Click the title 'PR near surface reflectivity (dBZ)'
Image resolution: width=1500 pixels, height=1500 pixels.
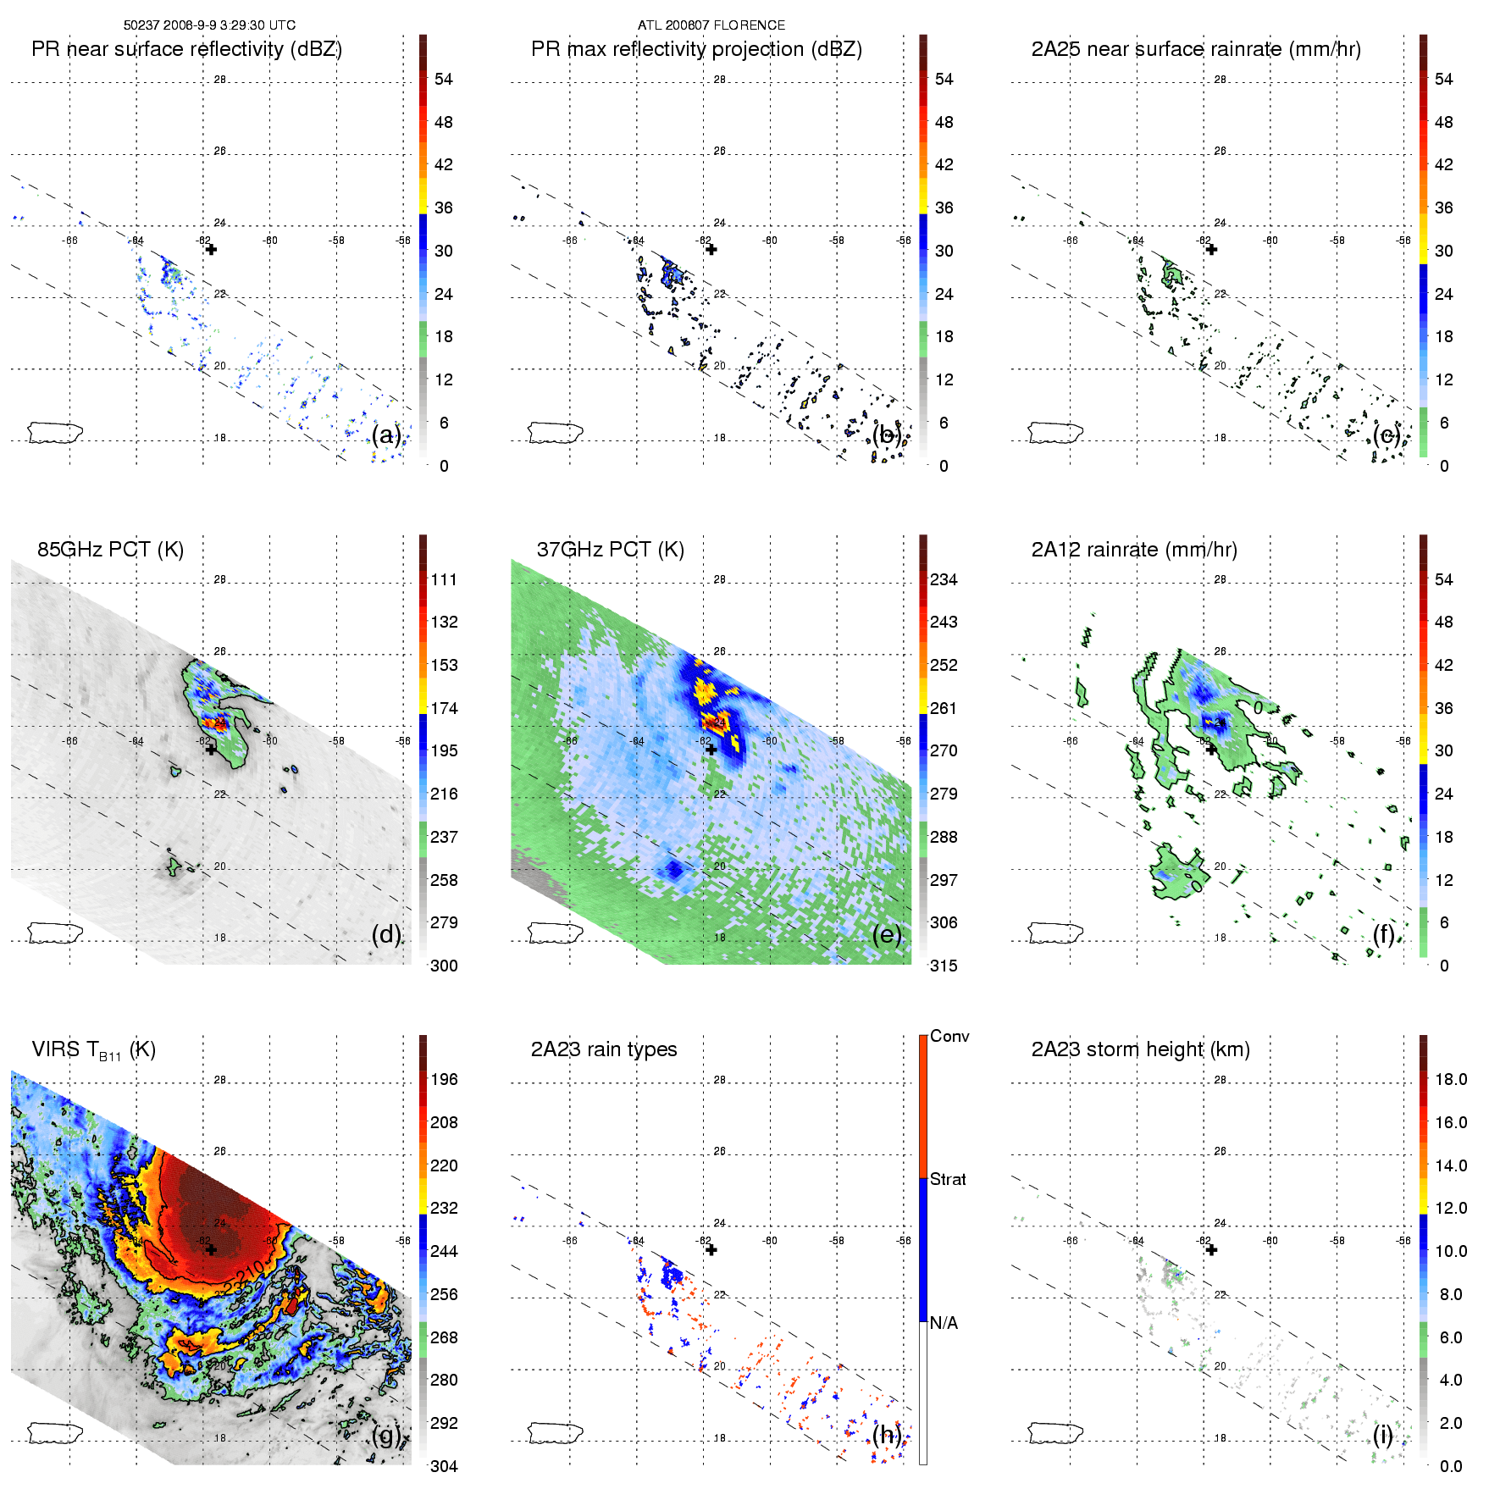pos(186,49)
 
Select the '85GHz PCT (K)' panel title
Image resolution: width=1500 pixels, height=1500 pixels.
pos(110,550)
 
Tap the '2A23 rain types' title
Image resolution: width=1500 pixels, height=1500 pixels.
pos(604,1049)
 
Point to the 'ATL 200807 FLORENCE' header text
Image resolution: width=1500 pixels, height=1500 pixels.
pos(711,25)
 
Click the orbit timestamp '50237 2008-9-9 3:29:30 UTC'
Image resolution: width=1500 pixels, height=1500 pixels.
pos(209,25)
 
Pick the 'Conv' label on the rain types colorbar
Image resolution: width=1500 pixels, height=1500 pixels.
pos(949,1037)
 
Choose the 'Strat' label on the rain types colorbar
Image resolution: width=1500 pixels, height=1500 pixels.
pos(948,1179)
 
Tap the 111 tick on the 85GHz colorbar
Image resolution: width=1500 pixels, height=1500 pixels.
pos(444,579)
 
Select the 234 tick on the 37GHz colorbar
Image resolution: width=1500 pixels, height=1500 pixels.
pos(944,579)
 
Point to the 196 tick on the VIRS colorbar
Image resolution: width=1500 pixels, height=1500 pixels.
pos(444,1079)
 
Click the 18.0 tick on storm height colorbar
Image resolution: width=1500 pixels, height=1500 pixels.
pos(1451,1079)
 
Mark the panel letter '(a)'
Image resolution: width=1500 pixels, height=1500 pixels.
pos(386,435)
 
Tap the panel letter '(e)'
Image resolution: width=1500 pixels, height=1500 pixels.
pos(887,934)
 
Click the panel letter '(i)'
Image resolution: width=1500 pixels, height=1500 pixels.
pos(1382,1435)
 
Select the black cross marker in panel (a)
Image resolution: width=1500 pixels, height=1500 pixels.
pos(211,249)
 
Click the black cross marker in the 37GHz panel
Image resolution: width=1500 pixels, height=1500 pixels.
pos(711,750)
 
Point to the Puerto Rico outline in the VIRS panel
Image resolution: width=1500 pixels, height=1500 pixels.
pos(55,1433)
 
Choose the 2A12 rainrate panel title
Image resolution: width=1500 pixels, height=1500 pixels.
pos(1134,550)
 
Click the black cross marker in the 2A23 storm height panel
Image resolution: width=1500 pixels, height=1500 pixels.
pos(1211,1249)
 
